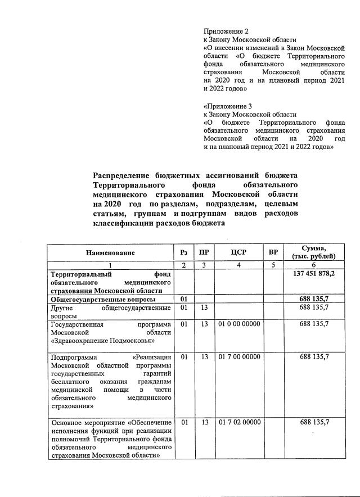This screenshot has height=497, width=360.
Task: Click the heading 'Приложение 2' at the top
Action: point(224,32)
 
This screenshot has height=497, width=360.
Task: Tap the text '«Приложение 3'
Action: point(227,105)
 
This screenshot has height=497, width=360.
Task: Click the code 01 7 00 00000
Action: point(238,357)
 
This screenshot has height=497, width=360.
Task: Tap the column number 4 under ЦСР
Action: point(238,265)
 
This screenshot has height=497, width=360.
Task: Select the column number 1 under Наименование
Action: point(111,265)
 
